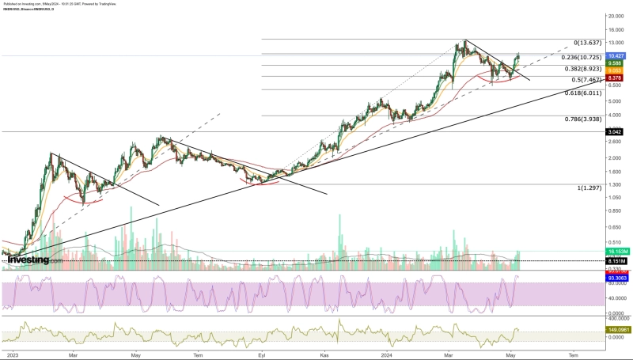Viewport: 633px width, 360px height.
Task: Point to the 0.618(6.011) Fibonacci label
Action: (x=584, y=93)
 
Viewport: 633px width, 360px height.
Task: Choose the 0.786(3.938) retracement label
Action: (x=584, y=119)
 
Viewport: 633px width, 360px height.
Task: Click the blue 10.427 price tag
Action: (x=616, y=56)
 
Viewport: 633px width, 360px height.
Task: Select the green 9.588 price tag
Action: (x=616, y=63)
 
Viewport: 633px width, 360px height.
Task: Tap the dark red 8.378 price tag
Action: (x=616, y=78)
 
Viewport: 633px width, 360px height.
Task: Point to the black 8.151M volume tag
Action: (x=616, y=260)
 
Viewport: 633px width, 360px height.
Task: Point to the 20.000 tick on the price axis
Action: (x=616, y=16)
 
